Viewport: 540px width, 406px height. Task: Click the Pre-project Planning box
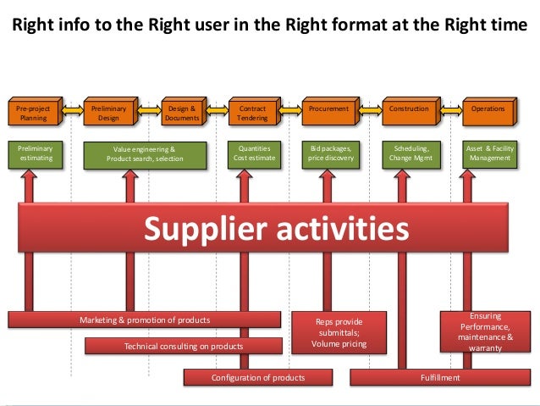34,114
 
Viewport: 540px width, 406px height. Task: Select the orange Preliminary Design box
109,114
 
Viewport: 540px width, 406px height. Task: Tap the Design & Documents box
182,114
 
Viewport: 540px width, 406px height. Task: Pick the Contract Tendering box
253,114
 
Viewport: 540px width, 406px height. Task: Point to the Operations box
487,110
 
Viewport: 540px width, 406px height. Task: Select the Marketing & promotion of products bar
145,319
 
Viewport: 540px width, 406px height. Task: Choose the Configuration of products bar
257,377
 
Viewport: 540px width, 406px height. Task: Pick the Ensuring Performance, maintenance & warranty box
485,331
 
